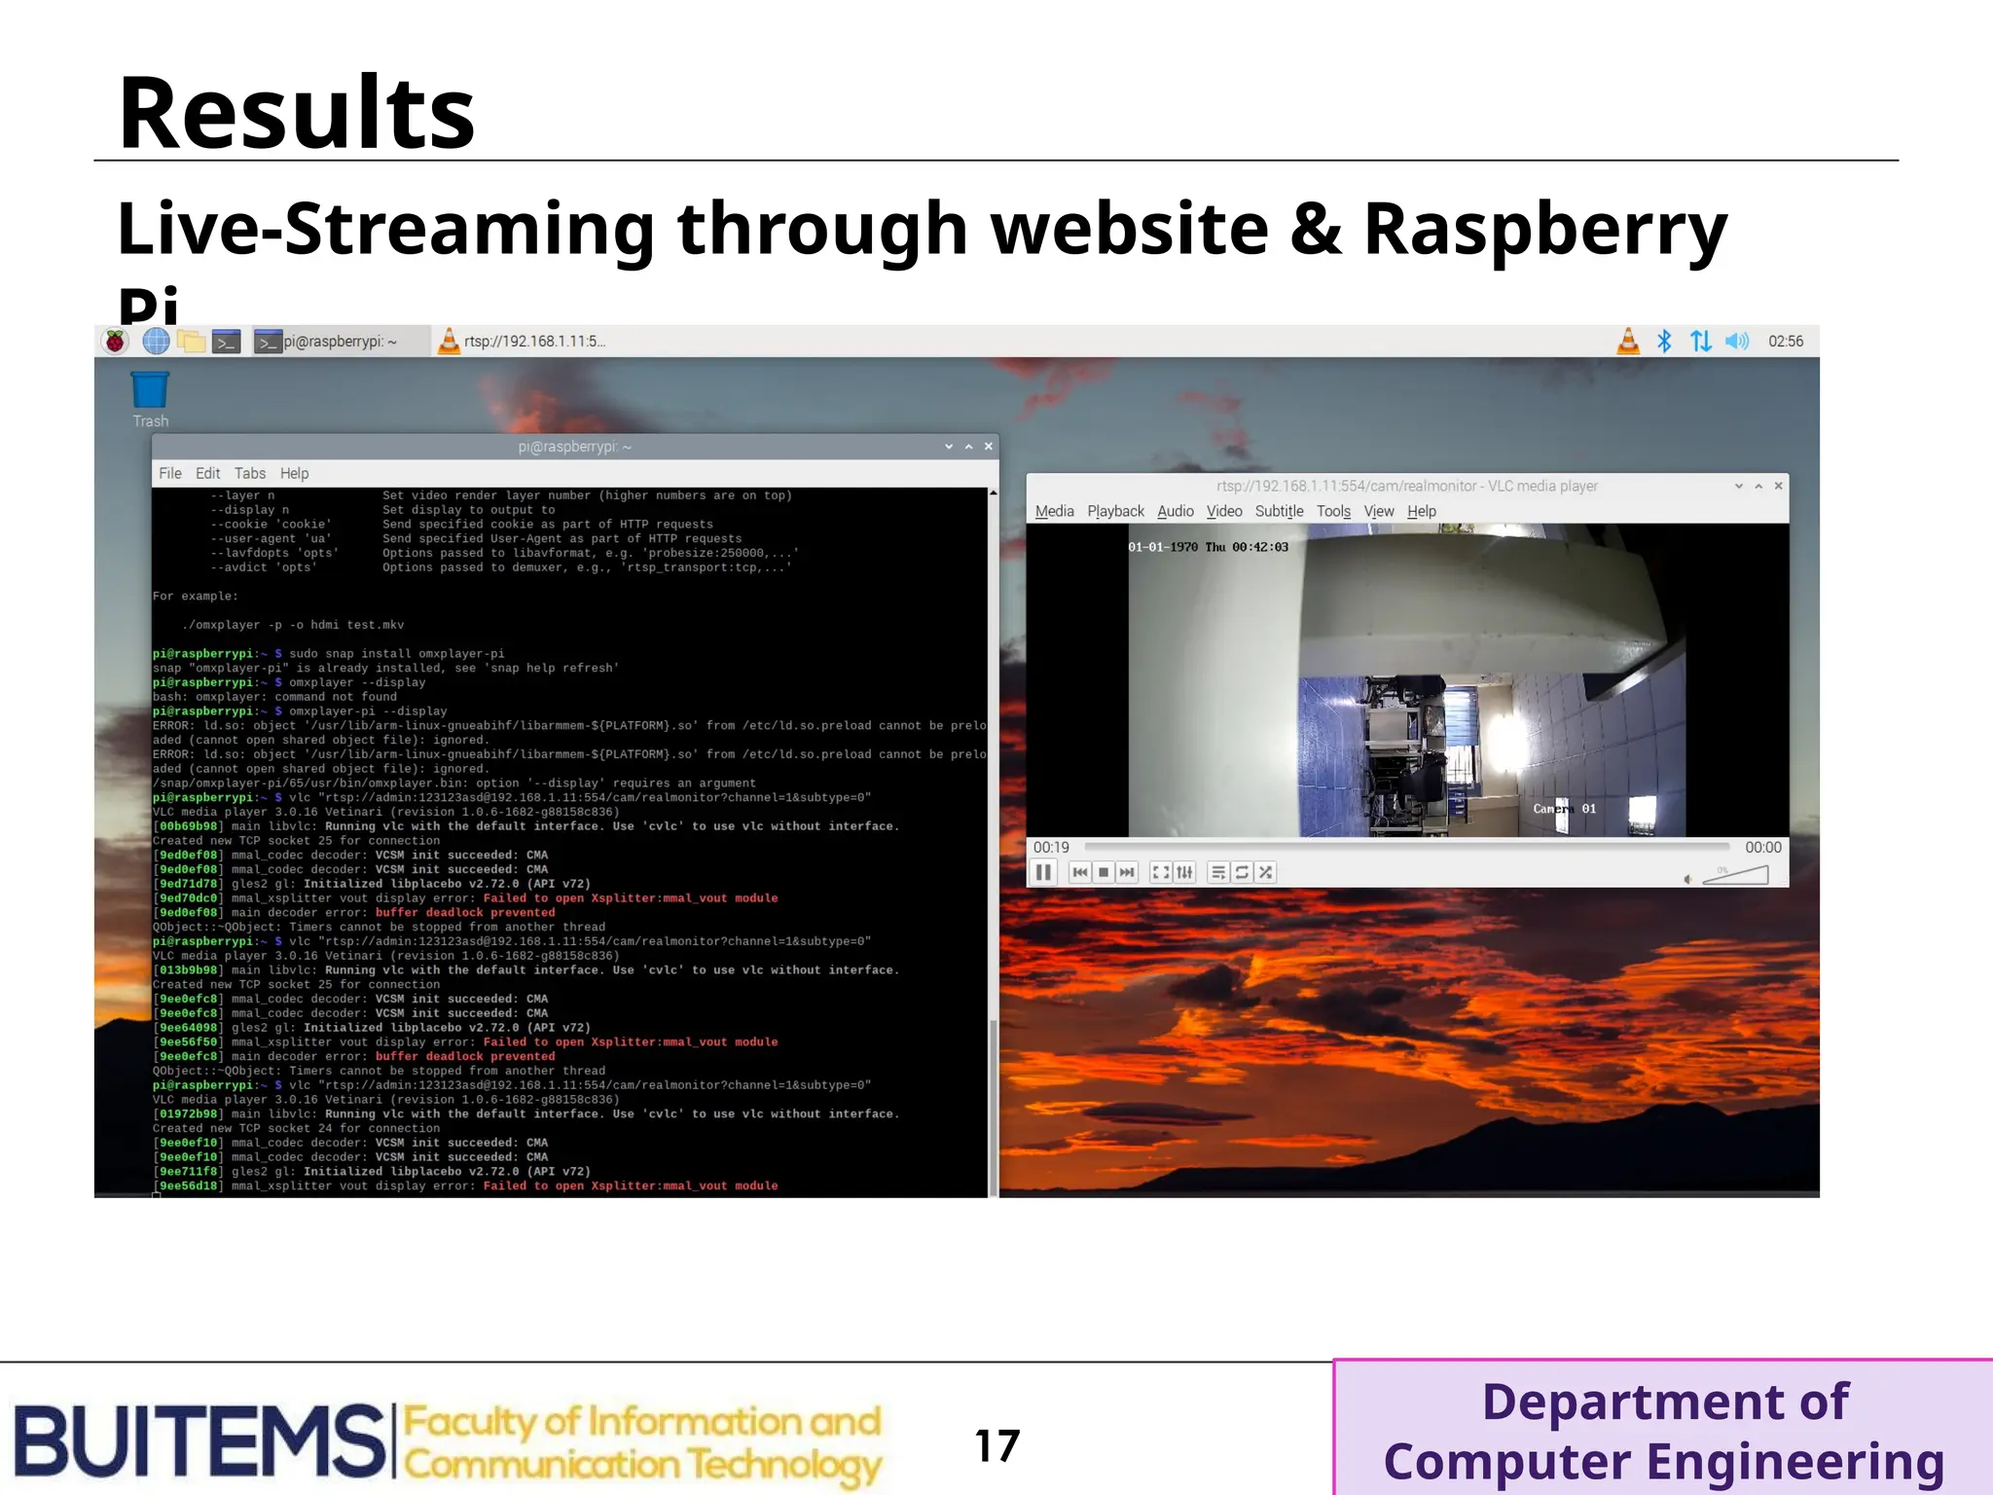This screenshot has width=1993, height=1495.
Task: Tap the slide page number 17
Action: [x=996, y=1445]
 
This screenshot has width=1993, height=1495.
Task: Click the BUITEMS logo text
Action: [x=199, y=1440]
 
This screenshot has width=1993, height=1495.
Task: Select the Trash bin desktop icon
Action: [x=150, y=391]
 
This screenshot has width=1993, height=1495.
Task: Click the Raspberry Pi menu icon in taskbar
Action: [x=116, y=342]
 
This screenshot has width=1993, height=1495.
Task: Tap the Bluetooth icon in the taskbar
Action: [x=1664, y=342]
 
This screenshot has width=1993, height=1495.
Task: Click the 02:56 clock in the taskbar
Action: [x=1785, y=342]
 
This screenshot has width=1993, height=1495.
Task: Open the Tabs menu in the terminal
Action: [x=249, y=474]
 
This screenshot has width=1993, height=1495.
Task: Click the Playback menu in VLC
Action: [x=1115, y=512]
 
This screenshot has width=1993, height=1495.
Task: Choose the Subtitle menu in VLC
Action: [x=1278, y=512]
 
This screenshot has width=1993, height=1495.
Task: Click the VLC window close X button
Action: [x=1778, y=486]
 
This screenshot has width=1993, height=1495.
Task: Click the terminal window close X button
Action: [x=988, y=447]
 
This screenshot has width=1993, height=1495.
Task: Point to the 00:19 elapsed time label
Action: [x=1051, y=848]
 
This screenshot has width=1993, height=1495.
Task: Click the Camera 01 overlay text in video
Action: [x=1564, y=809]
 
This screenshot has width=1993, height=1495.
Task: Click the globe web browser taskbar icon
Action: [x=156, y=342]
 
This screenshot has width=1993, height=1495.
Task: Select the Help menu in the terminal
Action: [x=294, y=474]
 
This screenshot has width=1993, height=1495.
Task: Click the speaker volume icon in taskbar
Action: [x=1736, y=342]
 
